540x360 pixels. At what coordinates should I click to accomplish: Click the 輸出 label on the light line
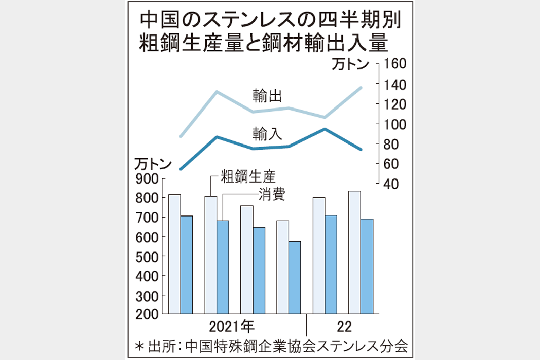point(268,95)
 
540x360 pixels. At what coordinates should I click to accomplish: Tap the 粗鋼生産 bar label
point(247,177)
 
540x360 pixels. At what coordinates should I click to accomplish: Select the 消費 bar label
point(271,194)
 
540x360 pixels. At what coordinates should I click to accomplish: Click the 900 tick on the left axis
point(147,178)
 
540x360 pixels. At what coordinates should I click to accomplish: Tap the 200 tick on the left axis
point(147,314)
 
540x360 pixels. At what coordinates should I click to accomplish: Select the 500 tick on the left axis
point(147,256)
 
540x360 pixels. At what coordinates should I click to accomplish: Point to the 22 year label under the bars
point(343,325)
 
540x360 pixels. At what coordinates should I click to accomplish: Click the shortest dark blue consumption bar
point(295,277)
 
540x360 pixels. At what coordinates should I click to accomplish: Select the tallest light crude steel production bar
point(354,253)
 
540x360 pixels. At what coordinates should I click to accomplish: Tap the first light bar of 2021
point(174,254)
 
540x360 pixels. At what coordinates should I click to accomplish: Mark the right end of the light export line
point(361,88)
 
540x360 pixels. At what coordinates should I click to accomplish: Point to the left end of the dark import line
point(181,169)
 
